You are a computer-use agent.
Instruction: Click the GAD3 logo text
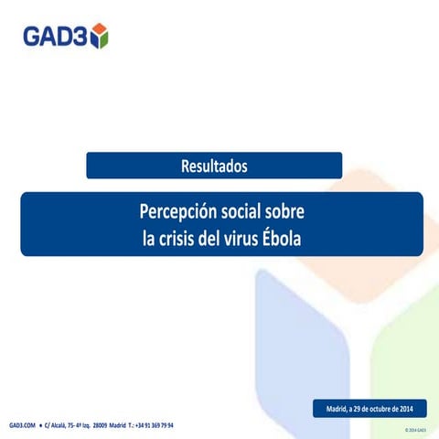pos(55,36)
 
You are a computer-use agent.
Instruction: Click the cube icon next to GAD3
pos(99,36)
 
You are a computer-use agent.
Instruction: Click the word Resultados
pos(214,166)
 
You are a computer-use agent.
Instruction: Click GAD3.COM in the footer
pos(22,426)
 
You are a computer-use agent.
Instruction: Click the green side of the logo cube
pos(104,39)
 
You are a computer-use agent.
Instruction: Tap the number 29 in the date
pos(350,406)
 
